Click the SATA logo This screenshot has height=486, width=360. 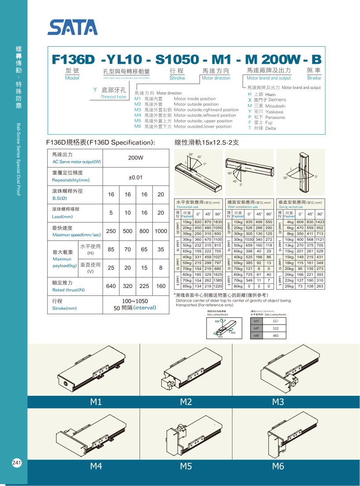73,28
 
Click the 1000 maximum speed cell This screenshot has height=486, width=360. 161,231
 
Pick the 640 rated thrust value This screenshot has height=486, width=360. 111,286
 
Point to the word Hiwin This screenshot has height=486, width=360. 271,95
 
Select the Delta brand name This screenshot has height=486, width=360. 271,128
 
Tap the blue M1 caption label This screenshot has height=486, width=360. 96,401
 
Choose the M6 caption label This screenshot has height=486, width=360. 278,466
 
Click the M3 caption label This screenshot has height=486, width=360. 278,401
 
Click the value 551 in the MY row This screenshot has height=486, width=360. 276,321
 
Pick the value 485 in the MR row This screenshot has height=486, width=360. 276,335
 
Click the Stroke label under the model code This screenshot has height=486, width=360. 177,78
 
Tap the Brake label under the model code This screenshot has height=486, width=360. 314,78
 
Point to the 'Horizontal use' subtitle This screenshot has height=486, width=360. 188,207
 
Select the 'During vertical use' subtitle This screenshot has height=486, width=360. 291,207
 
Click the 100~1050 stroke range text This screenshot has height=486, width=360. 135,301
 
